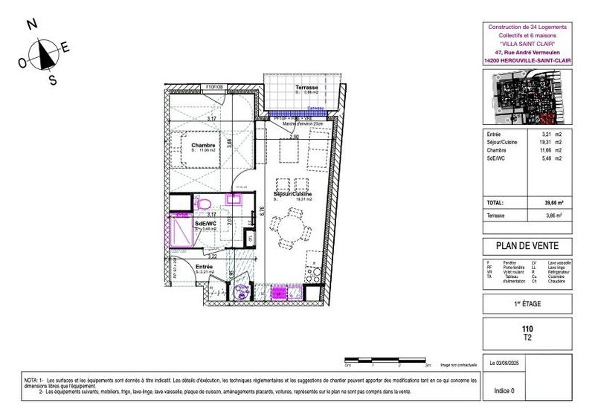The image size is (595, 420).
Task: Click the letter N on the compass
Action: click(x=32, y=24)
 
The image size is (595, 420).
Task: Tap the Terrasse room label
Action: click(x=307, y=87)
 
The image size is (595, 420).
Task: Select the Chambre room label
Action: click(x=203, y=145)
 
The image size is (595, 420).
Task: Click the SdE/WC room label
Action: click(x=206, y=222)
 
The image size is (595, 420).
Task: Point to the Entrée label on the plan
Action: click(x=205, y=267)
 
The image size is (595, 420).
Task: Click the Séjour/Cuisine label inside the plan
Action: click(x=292, y=194)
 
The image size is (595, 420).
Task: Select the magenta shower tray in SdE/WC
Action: click(x=181, y=230)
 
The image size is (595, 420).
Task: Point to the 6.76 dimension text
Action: click(x=262, y=210)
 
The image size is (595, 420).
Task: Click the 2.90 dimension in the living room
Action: click(x=295, y=138)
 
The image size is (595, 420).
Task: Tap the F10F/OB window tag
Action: click(x=213, y=87)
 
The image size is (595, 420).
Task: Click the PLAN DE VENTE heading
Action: click(x=527, y=247)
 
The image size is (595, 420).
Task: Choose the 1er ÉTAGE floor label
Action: click(x=527, y=303)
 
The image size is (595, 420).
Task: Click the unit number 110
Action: click(x=527, y=328)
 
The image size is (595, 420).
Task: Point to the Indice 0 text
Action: click(x=504, y=390)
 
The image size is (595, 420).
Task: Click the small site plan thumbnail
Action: click(x=527, y=100)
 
